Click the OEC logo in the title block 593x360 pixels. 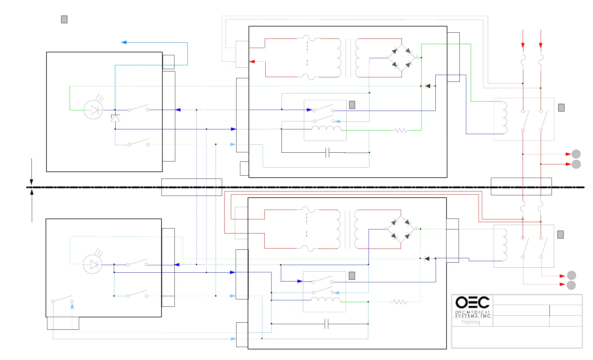point(472,302)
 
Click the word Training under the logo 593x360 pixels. point(471,322)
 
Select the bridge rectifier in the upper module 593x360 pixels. point(402,58)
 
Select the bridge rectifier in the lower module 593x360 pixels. point(401,229)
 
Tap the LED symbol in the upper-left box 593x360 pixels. point(93,110)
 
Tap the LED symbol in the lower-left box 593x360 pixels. point(92,264)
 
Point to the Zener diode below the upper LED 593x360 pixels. point(115,118)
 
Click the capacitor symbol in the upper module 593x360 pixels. point(327,153)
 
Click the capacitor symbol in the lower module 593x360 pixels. point(327,324)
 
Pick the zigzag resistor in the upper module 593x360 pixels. point(401,130)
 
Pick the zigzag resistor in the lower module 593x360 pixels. point(400,302)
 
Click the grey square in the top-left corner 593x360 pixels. point(64,19)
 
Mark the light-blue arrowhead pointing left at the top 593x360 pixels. point(124,42)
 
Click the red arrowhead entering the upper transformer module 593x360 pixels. point(252,61)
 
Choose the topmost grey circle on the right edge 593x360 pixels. point(576,154)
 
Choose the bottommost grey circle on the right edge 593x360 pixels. point(571,285)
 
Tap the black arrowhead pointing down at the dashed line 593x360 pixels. point(31,182)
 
